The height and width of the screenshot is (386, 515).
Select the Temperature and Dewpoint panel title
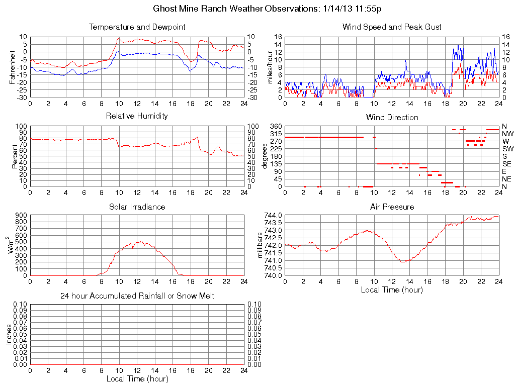pos(137,27)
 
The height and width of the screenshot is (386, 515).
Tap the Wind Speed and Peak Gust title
pos(392,27)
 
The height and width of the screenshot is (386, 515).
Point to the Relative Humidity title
pos(137,116)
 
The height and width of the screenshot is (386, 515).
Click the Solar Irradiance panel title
pos(137,207)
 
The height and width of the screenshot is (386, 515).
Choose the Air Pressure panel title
pos(392,207)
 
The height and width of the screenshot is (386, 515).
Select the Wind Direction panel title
pos(392,118)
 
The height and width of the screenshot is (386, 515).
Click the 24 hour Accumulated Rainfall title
pos(137,296)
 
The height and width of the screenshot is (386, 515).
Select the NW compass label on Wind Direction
pos(507,134)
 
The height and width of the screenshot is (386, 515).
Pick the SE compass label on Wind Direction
pos(507,164)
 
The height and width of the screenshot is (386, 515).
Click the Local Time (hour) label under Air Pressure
pos(392,289)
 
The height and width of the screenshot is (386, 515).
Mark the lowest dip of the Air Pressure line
pos(403,262)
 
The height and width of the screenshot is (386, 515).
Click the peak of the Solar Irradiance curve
pos(141,241)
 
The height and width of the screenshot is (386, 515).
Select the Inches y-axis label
pos(9,335)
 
